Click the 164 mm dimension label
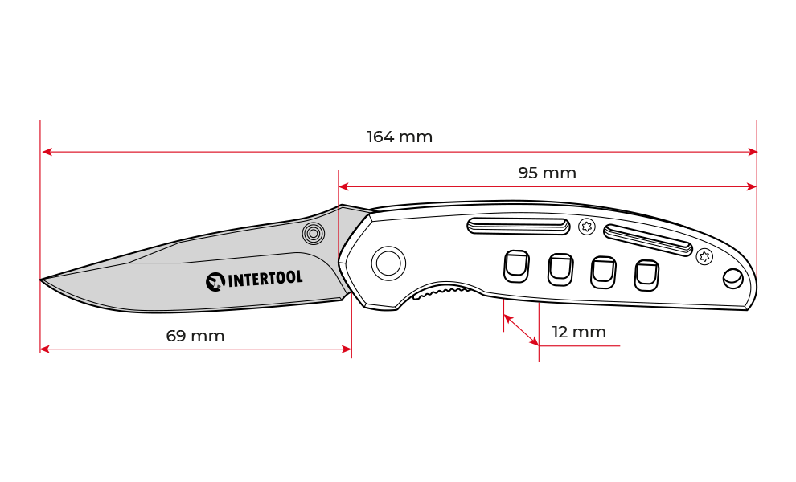(400, 137)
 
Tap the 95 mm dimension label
(548, 173)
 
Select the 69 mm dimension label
(195, 336)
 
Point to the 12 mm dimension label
(579, 333)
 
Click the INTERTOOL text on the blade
(265, 279)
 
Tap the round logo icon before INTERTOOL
(215, 282)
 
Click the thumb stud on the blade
(314, 234)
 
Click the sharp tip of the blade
(41, 280)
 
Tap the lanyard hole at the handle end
(732, 279)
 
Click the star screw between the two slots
(587, 226)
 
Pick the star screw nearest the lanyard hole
(704, 256)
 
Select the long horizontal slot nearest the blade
(519, 226)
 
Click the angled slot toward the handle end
(648, 240)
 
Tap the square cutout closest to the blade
(516, 266)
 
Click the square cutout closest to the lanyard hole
(646, 276)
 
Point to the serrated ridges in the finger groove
(441, 292)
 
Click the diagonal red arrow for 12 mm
(521, 330)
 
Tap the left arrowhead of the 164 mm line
(47, 152)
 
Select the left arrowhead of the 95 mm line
(343, 186)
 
